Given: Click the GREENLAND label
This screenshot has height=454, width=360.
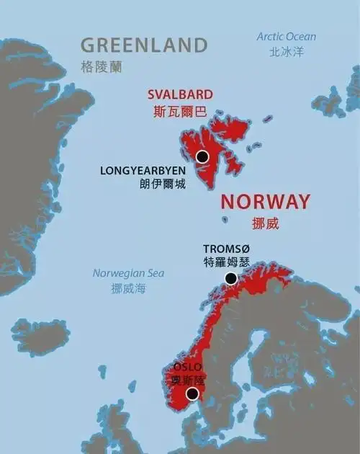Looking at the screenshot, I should point(143,45).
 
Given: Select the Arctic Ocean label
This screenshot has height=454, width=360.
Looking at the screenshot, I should point(286,37).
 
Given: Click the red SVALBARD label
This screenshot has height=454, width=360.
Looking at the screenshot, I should point(180,94).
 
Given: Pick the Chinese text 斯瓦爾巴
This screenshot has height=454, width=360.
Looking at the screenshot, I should point(179,112).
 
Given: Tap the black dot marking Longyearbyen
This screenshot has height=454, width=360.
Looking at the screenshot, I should point(202,156).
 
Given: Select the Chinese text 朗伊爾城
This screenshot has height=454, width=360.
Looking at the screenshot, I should point(163,184).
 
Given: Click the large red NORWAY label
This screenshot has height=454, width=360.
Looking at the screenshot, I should point(265,201).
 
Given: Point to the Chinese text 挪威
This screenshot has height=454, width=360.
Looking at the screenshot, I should point(265,223).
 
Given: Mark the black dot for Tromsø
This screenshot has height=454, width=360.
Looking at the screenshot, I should point(230,278).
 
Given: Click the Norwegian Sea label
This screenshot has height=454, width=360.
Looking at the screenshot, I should point(128,273).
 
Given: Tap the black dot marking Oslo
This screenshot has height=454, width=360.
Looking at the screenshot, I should point(192,393).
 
